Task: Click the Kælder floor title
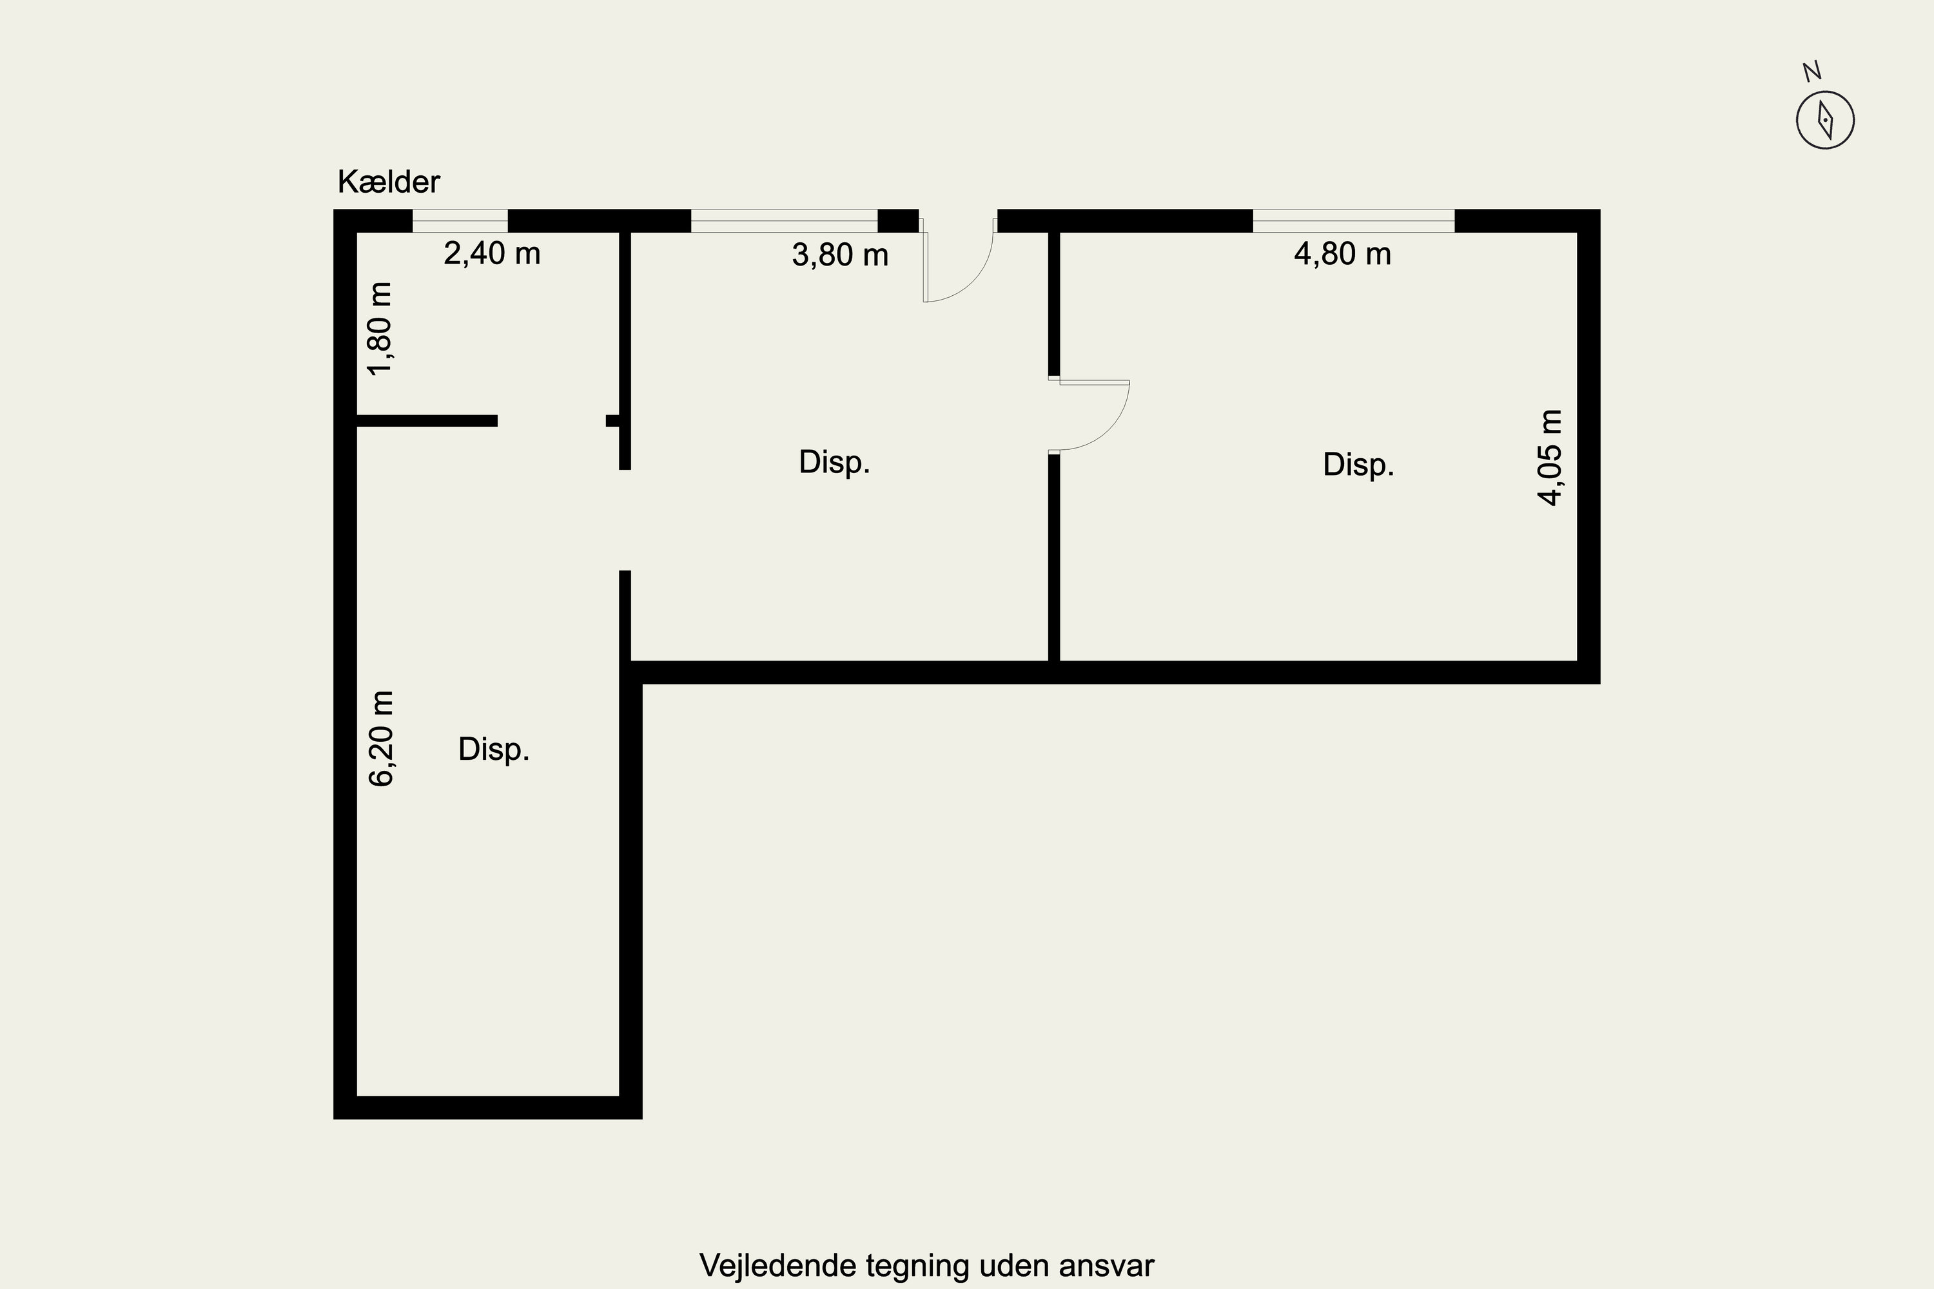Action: point(388,182)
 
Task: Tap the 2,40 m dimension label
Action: point(492,253)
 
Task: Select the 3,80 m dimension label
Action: point(839,255)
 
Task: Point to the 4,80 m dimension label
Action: point(1342,253)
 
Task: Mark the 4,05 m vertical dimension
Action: point(1550,458)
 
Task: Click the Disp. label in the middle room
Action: point(834,462)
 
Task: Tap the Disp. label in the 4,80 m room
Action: point(1358,465)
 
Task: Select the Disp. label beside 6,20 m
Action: point(493,749)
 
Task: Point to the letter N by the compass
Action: point(1812,72)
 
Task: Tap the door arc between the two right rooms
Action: point(1108,429)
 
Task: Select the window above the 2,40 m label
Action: point(460,221)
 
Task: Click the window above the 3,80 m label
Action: point(784,221)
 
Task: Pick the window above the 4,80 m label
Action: point(1353,221)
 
